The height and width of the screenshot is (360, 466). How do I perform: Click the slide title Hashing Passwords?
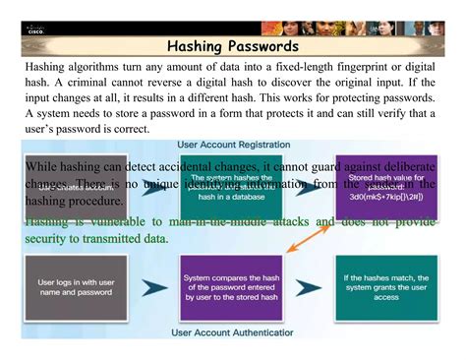(233, 46)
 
